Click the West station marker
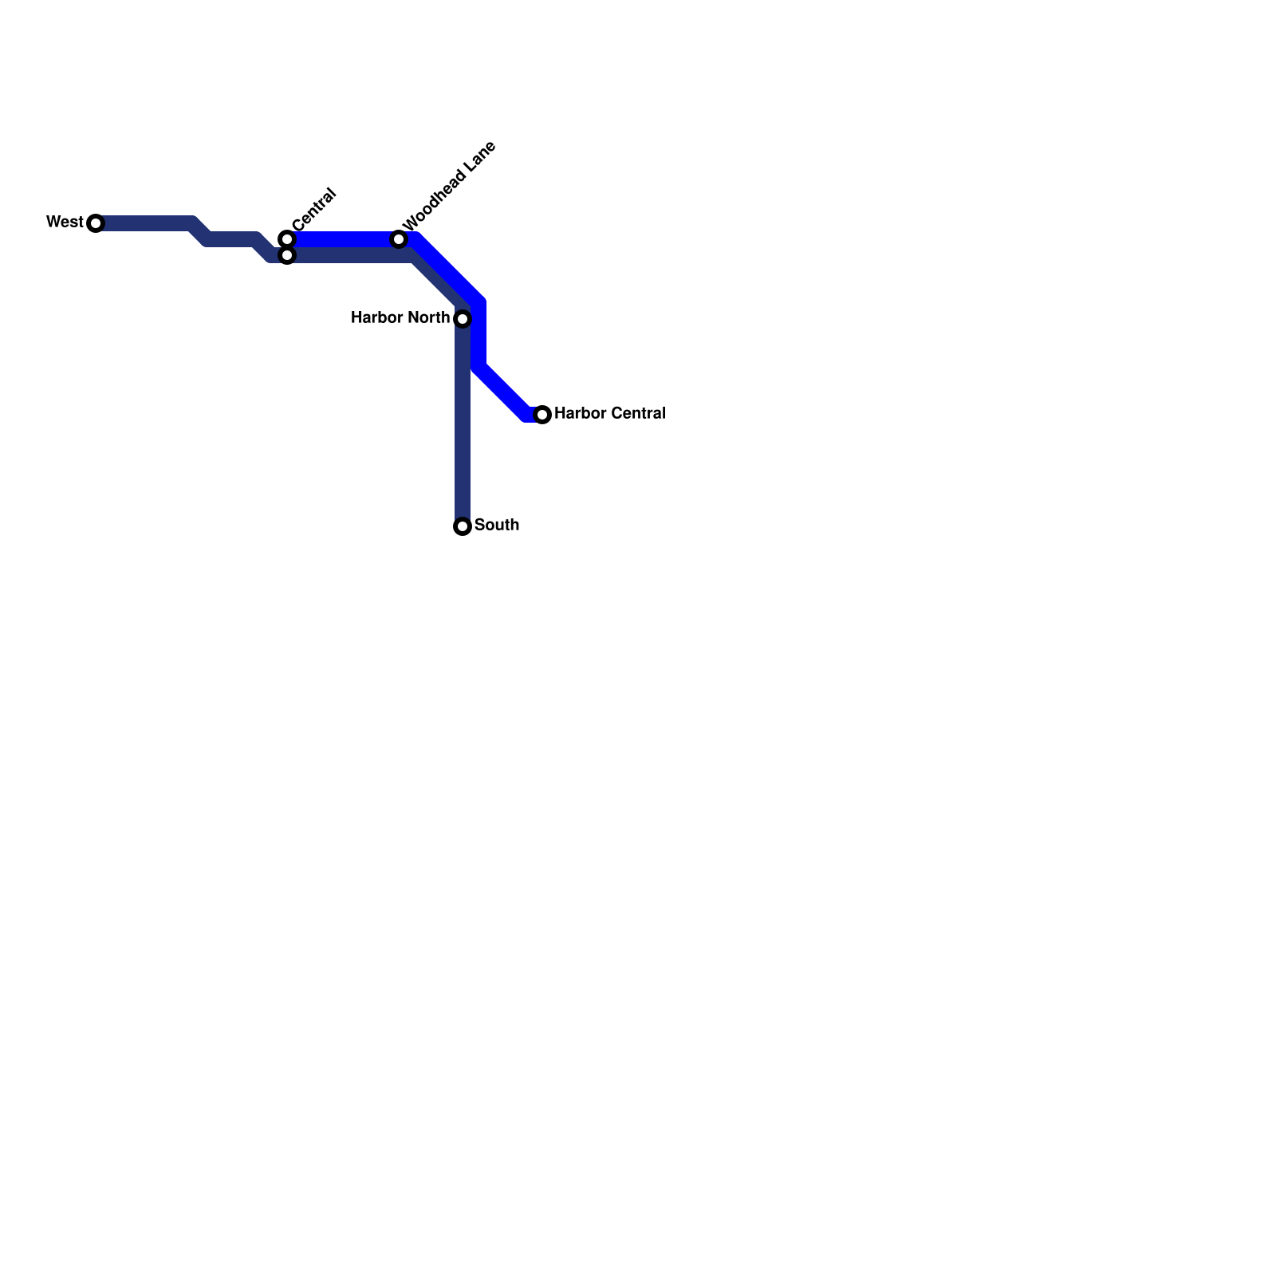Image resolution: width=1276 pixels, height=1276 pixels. click(96, 223)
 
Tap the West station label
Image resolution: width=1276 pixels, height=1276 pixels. click(65, 222)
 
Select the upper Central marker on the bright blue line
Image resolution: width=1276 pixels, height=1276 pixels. click(287, 238)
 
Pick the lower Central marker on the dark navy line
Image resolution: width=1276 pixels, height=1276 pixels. click(287, 255)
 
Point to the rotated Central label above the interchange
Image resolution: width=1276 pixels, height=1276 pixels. click(314, 211)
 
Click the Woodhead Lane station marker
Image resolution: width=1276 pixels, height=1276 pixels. click(399, 239)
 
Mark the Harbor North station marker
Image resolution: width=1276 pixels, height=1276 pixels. click(463, 319)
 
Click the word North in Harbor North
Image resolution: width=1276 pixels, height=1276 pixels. click(429, 318)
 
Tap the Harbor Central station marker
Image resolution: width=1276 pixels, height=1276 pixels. click(542, 415)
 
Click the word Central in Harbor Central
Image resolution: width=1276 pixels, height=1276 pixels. click(637, 413)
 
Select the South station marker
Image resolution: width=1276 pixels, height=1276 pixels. click(463, 526)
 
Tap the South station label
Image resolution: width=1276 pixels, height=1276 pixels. click(497, 525)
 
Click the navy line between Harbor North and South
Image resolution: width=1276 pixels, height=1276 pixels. click(463, 423)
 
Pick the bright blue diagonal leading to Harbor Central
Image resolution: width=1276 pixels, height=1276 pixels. click(502, 391)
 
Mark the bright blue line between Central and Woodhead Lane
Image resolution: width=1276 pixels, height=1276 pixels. click(343, 239)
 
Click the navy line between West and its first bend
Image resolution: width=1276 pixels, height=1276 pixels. click(144, 223)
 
